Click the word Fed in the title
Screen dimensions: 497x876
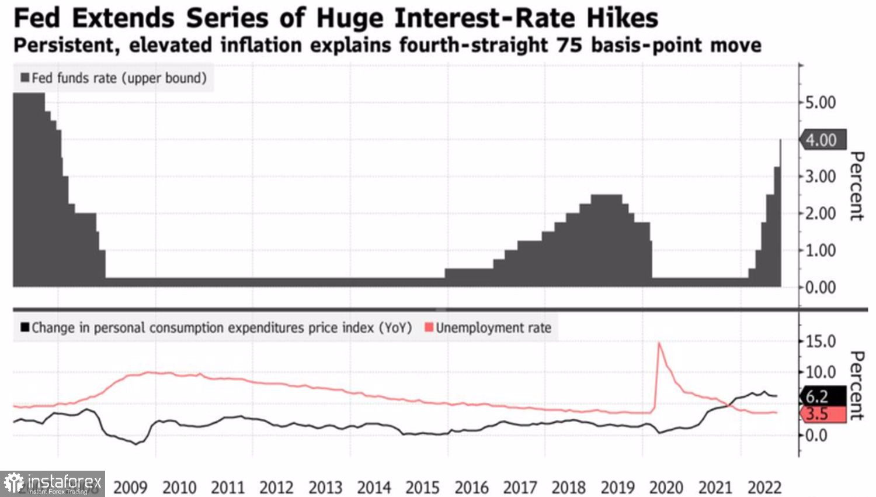[36, 18]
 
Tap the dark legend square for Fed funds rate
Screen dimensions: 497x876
[25, 78]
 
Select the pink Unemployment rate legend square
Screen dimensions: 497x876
[429, 327]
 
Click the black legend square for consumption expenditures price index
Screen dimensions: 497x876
[25, 327]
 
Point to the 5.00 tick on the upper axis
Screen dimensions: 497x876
[821, 103]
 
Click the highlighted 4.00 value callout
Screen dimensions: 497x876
[822, 140]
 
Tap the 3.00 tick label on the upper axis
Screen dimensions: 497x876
[821, 177]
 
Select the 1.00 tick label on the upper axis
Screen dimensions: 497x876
[821, 250]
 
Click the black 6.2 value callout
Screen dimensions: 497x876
[818, 396]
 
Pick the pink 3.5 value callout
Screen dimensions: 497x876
[818, 414]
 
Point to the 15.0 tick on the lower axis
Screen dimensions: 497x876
[821, 341]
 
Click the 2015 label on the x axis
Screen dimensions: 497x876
[422, 487]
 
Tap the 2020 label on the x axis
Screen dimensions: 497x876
[666, 487]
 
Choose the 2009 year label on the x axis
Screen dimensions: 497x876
[130, 487]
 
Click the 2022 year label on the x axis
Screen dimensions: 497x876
[764, 487]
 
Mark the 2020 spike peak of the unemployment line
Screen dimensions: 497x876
[659, 343]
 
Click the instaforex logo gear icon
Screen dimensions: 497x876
[13, 484]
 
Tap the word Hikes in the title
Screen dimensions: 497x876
[622, 18]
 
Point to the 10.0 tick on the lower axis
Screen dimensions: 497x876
[821, 372]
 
